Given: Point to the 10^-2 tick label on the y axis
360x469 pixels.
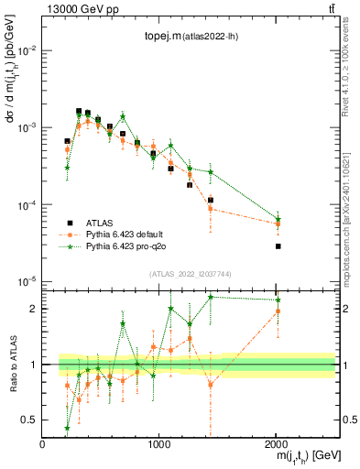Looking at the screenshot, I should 27,49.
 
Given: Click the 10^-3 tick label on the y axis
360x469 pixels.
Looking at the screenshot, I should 27,127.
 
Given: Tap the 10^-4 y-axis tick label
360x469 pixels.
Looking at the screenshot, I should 27,204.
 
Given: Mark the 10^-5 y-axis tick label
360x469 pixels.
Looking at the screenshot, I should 27,281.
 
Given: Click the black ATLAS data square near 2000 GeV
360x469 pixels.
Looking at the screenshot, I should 278,246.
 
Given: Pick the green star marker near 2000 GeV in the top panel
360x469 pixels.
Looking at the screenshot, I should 278,220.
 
